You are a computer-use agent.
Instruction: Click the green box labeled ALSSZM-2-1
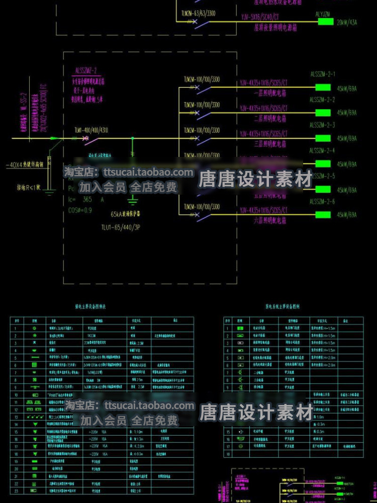[x=322, y=87]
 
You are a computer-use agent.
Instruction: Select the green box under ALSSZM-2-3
[x=322, y=137]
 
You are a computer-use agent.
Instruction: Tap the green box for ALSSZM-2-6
[x=322, y=215]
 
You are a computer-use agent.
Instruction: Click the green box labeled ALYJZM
[x=322, y=22]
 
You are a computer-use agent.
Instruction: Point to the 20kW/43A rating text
[x=347, y=23]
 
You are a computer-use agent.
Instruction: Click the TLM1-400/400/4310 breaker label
[x=91, y=130]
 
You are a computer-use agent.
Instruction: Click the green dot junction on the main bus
[x=132, y=138]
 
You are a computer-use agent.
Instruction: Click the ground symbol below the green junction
[x=132, y=202]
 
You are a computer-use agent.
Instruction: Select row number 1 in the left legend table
[x=16, y=328]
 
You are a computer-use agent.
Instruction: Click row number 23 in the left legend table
[x=16, y=491]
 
